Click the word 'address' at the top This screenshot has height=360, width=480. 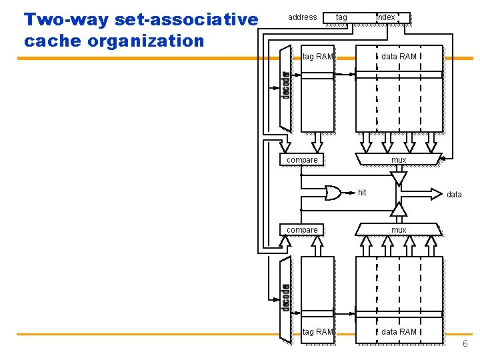(x=302, y=17)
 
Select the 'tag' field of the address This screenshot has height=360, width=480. (x=341, y=17)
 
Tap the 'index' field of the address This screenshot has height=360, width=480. (x=386, y=17)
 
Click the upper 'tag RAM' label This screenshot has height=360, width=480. (x=317, y=56)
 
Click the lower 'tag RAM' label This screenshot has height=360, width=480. (x=317, y=331)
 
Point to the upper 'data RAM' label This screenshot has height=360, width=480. (x=399, y=56)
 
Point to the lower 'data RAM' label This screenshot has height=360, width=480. (x=399, y=331)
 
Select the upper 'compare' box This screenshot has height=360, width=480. (x=302, y=159)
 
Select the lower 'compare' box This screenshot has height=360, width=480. (x=302, y=229)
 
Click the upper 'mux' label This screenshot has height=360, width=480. (x=399, y=159)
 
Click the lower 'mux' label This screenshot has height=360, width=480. (x=399, y=229)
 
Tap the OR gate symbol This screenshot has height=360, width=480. (x=333, y=193)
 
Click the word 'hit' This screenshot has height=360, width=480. (x=362, y=193)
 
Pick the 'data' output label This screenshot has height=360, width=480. (x=454, y=194)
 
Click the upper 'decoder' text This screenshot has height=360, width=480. (x=285, y=85)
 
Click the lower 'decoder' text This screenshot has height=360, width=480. (x=285, y=297)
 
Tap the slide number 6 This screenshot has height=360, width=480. (x=465, y=344)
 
